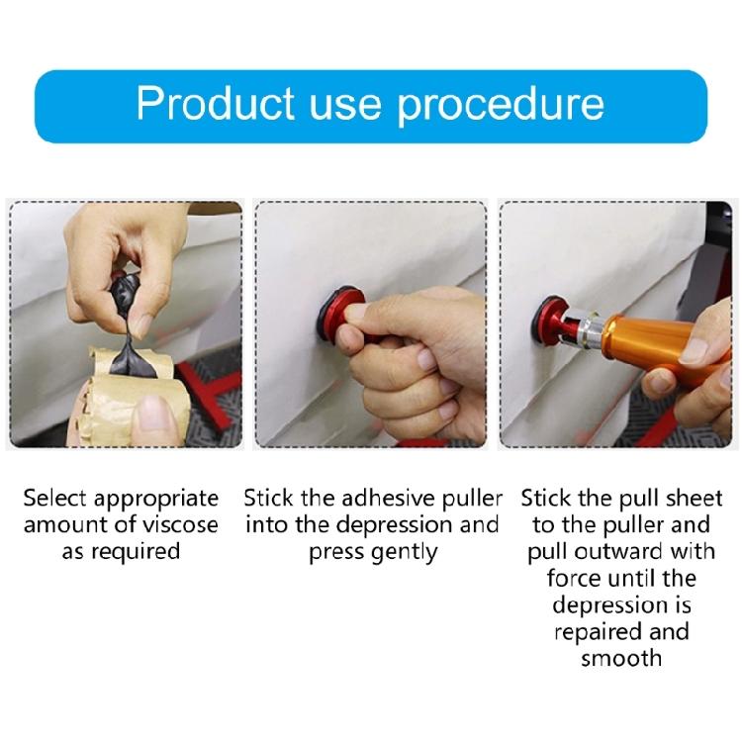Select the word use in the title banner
(x=354, y=104)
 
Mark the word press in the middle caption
(x=335, y=552)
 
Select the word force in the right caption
(x=573, y=579)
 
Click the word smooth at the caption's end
(x=620, y=659)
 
